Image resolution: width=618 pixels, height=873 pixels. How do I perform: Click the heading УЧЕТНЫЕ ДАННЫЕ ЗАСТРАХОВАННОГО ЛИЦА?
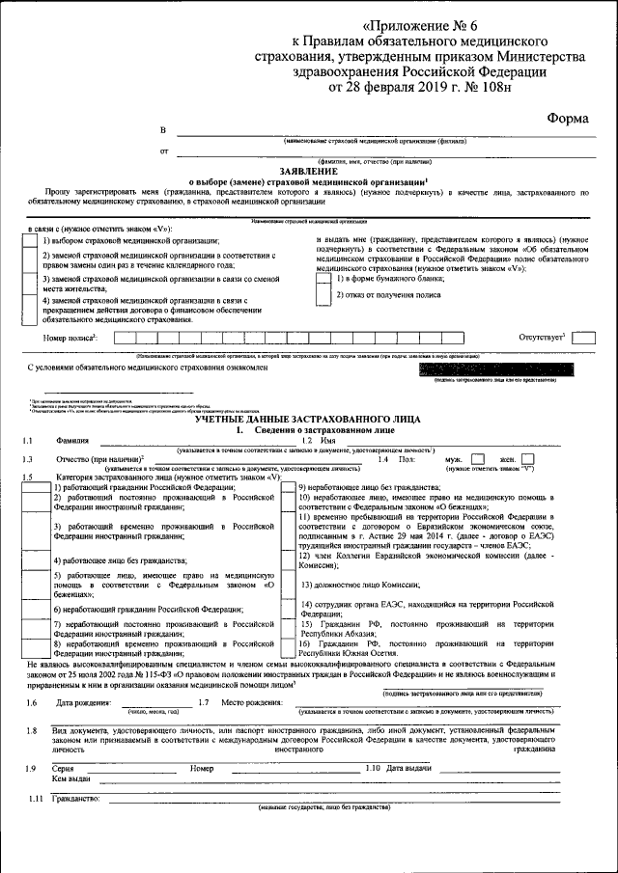point(308,420)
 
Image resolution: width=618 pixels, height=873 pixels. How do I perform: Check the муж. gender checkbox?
point(476,459)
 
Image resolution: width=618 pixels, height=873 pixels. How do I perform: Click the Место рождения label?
point(250,702)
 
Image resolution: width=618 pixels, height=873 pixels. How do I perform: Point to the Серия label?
point(65,768)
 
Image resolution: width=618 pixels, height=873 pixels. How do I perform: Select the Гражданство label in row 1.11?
point(77,800)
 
